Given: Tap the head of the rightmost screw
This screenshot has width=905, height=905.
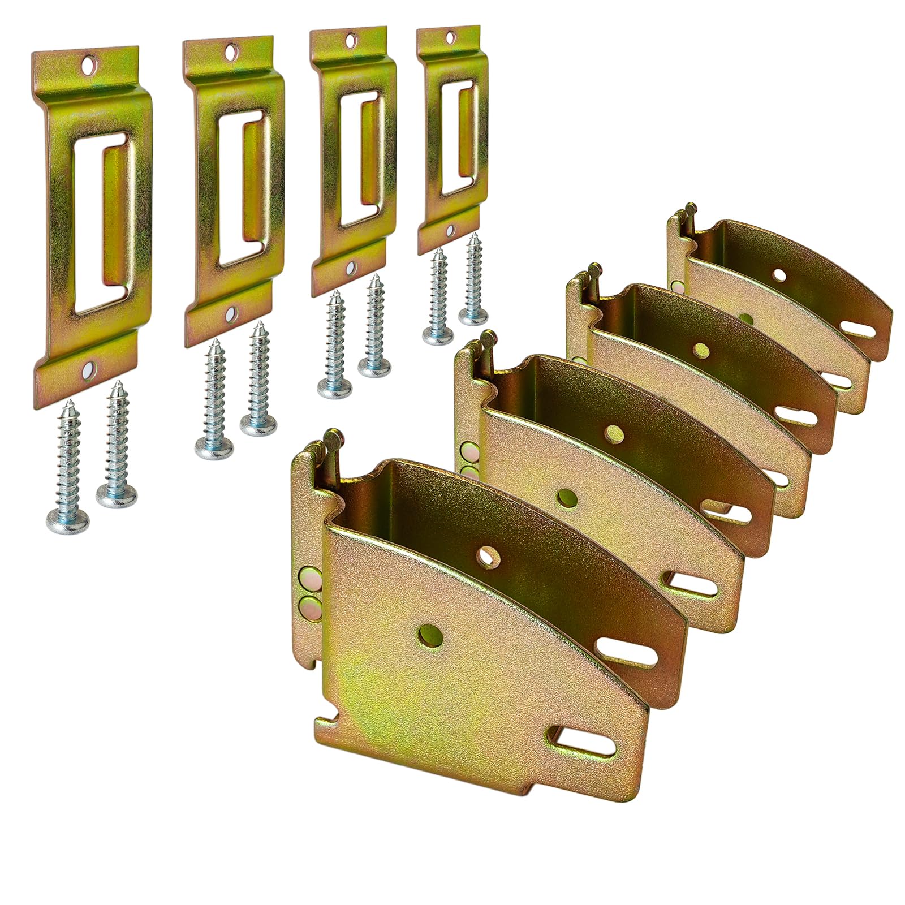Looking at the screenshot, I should click(x=473, y=316).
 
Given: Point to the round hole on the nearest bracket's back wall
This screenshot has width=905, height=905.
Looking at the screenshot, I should click(x=485, y=557).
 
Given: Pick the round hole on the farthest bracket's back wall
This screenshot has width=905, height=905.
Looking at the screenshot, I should click(x=781, y=276).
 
